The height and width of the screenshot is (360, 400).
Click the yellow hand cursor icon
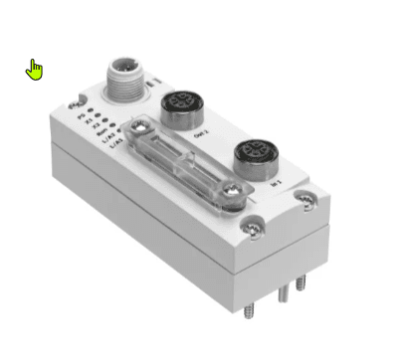pyautogui.click(x=36, y=70)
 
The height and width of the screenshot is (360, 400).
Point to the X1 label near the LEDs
pyautogui.click(x=88, y=123)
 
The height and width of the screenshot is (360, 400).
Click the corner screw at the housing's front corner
pyautogui.click(x=256, y=231)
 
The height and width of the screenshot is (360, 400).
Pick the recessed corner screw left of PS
pyautogui.click(x=70, y=100)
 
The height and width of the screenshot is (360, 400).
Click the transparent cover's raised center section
pyautogui.click(x=189, y=164)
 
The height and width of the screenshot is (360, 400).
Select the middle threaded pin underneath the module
pyautogui.click(x=283, y=293)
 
